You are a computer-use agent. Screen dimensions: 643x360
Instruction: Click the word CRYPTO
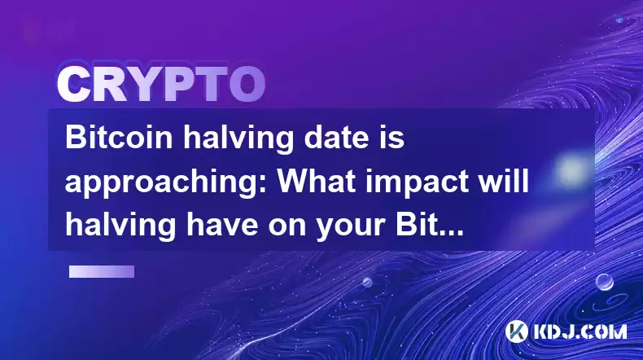[161, 85]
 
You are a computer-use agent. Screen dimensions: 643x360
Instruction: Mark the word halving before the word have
[121, 226]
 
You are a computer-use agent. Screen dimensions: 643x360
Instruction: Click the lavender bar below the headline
[102, 272]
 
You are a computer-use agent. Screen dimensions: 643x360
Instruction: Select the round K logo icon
[516, 331]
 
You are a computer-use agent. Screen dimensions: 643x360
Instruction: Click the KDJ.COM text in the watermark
[580, 331]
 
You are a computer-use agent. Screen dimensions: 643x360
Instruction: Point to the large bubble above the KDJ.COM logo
[605, 282]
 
